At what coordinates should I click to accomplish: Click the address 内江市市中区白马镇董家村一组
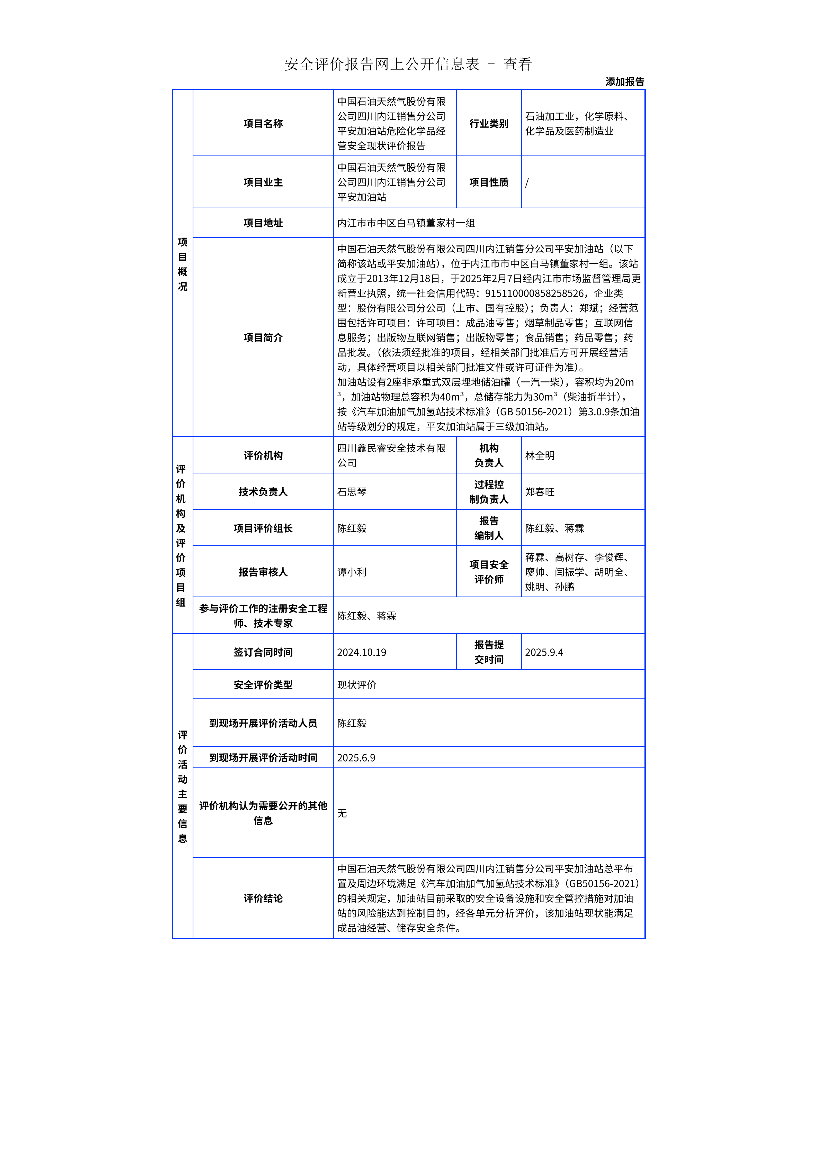(x=406, y=223)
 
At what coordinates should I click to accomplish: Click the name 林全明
(x=540, y=455)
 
